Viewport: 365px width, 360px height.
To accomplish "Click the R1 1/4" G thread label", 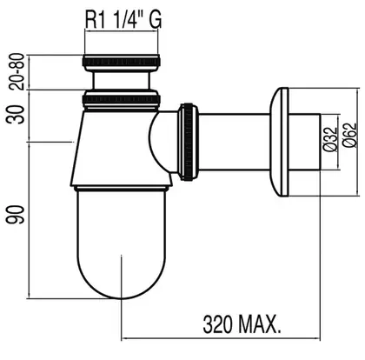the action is (123, 20).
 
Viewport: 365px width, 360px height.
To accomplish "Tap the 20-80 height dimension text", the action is (17, 71).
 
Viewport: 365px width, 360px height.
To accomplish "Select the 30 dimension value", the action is (17, 115).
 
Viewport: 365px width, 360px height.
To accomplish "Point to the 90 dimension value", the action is (15, 215).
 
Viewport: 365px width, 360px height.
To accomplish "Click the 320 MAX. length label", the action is (242, 324).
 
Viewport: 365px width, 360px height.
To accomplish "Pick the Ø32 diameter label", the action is (330, 138).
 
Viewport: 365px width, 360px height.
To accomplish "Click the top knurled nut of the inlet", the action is (122, 62).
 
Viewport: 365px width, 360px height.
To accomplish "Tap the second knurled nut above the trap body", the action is (122, 100).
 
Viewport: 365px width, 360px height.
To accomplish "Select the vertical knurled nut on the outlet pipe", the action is (189, 142).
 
